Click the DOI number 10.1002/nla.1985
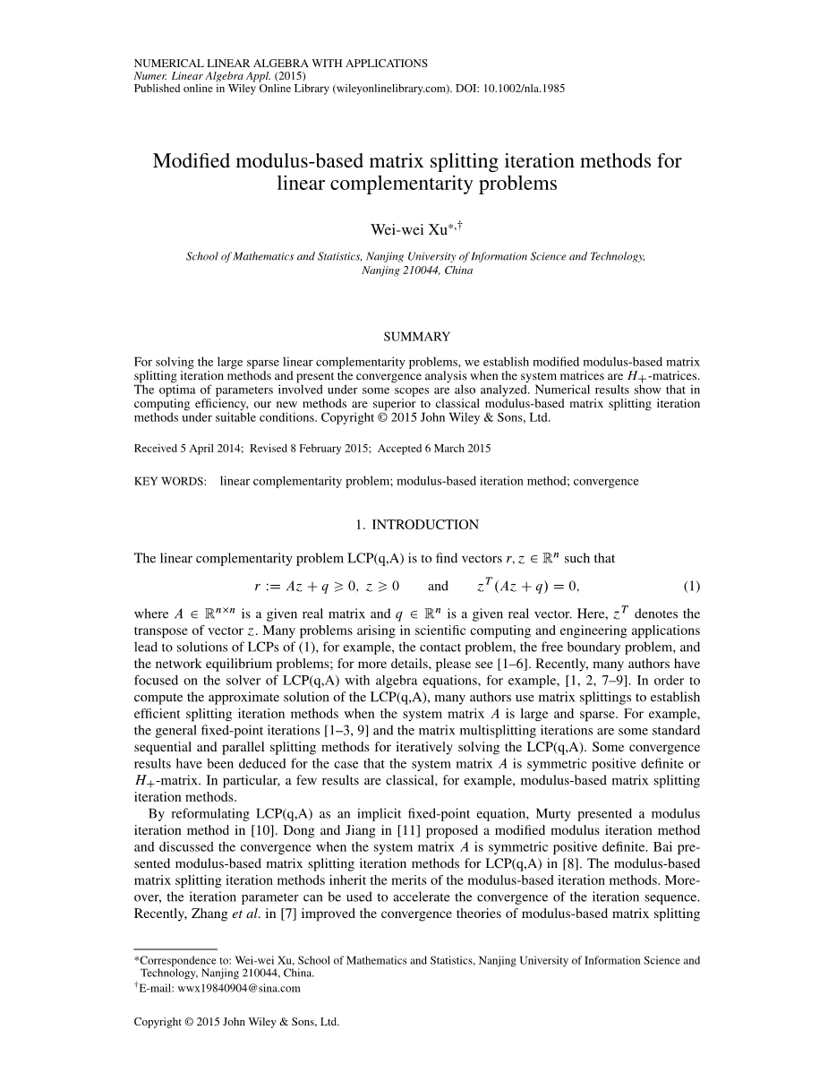click(x=526, y=89)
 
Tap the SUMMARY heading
click(x=416, y=337)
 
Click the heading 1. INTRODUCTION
click(x=416, y=525)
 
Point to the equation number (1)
click(x=691, y=587)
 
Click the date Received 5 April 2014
click(x=185, y=449)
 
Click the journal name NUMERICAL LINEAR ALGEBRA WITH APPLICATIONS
click(x=280, y=64)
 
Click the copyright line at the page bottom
click(x=236, y=1021)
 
